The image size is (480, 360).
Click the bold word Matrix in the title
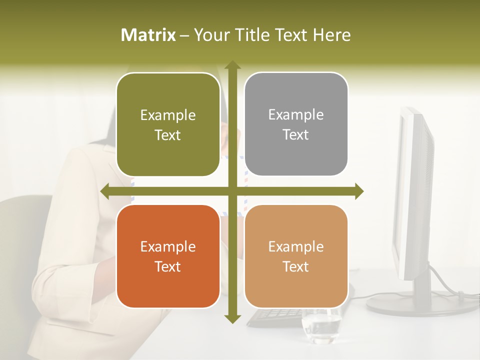(148, 35)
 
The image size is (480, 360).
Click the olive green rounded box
(168, 124)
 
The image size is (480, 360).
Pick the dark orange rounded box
(168, 256)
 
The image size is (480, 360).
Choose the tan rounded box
(296, 256)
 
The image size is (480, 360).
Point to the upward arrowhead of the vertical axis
(232, 65)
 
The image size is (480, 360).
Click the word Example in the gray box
(296, 115)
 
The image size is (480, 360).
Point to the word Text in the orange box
(168, 267)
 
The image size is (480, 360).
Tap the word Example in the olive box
(168, 115)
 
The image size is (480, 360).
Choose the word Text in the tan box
(296, 267)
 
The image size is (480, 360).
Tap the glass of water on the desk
(321, 327)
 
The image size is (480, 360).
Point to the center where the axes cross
(232, 191)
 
